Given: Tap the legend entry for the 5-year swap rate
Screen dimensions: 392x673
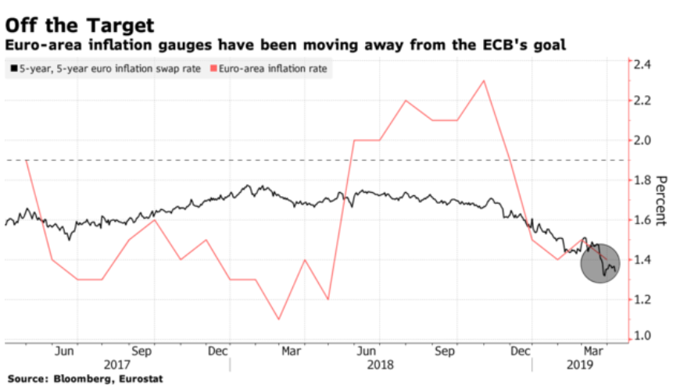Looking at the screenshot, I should [x=103, y=69].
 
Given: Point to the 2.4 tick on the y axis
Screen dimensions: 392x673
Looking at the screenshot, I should [x=644, y=65].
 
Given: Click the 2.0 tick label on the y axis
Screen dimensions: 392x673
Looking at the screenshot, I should [x=644, y=141].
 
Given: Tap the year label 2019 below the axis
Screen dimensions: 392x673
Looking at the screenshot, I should [x=579, y=365].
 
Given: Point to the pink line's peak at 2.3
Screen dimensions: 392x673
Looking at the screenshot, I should [x=485, y=80].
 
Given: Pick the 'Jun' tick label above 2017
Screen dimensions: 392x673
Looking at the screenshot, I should [x=65, y=351].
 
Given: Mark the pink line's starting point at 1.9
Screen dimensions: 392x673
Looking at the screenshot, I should [x=27, y=159].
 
